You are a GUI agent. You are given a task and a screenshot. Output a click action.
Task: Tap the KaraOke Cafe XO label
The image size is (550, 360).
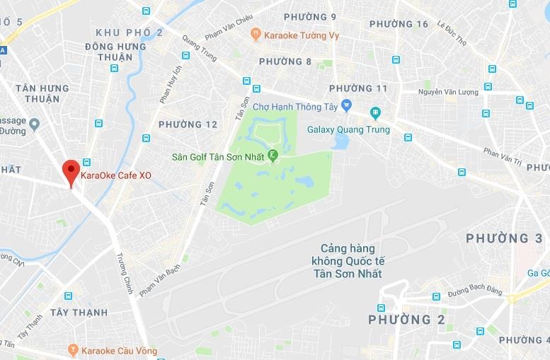116,175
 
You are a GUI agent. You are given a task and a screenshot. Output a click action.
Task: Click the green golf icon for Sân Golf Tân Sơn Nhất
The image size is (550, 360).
273,156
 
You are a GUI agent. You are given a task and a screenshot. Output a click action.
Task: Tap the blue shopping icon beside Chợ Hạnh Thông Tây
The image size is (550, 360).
346,105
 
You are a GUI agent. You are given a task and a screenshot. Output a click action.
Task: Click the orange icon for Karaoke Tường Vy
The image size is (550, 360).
255,33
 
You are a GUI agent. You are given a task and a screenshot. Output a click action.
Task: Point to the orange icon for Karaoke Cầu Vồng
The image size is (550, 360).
73,350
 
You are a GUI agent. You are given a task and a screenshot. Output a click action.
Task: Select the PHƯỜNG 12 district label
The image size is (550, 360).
188,124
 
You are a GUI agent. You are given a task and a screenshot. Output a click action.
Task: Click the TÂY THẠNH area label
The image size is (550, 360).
79,313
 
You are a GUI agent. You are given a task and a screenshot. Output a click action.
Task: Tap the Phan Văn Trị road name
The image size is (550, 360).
502,156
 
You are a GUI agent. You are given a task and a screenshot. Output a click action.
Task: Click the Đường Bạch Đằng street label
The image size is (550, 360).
475,292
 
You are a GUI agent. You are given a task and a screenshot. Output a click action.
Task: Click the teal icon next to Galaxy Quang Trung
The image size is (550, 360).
374,112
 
